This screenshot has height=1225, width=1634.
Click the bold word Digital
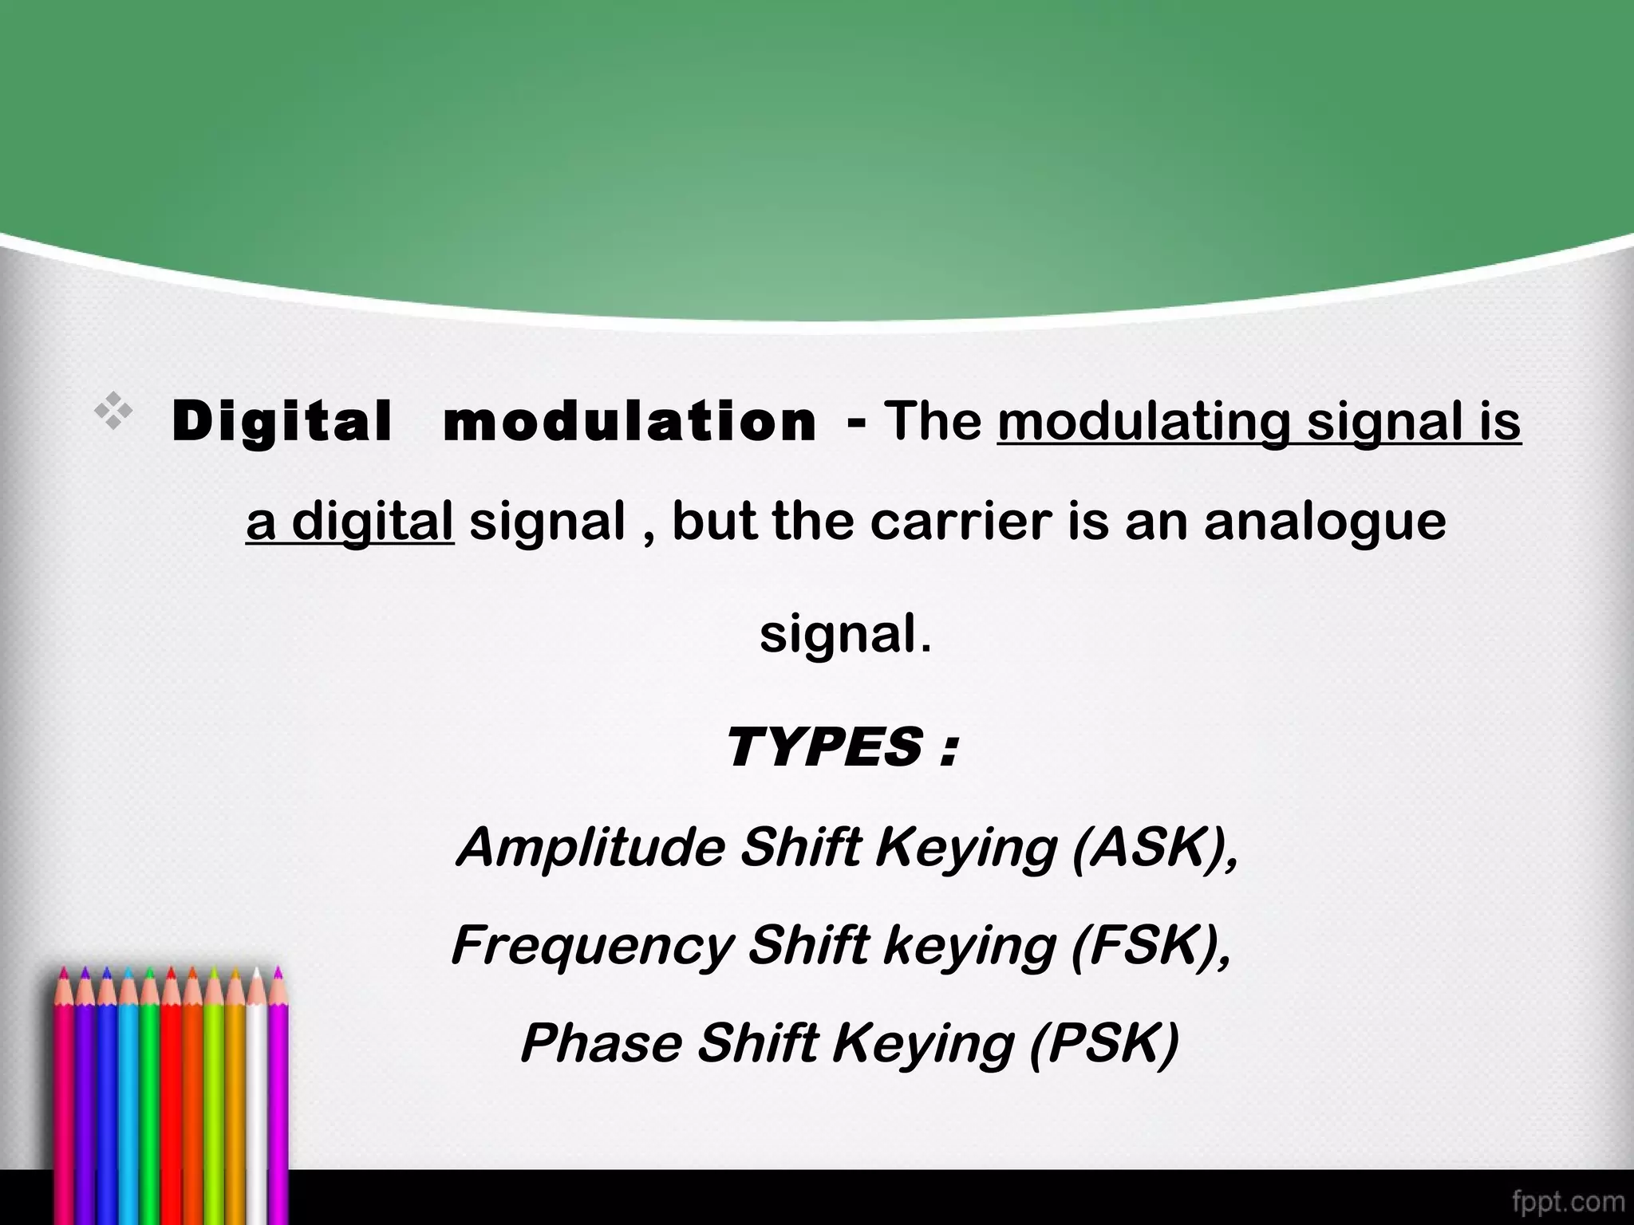pyautogui.click(x=282, y=421)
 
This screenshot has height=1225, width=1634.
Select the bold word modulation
pyautogui.click(x=630, y=421)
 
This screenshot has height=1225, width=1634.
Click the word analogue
pyautogui.click(x=1324, y=522)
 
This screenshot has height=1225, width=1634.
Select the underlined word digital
pyautogui.click(x=372, y=522)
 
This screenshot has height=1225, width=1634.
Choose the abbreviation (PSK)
pyautogui.click(x=1103, y=1044)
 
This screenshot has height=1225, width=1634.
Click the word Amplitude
pyautogui.click(x=590, y=847)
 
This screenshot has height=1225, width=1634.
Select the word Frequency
pyautogui.click(x=592, y=947)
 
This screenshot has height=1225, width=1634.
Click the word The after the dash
pyautogui.click(x=933, y=421)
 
